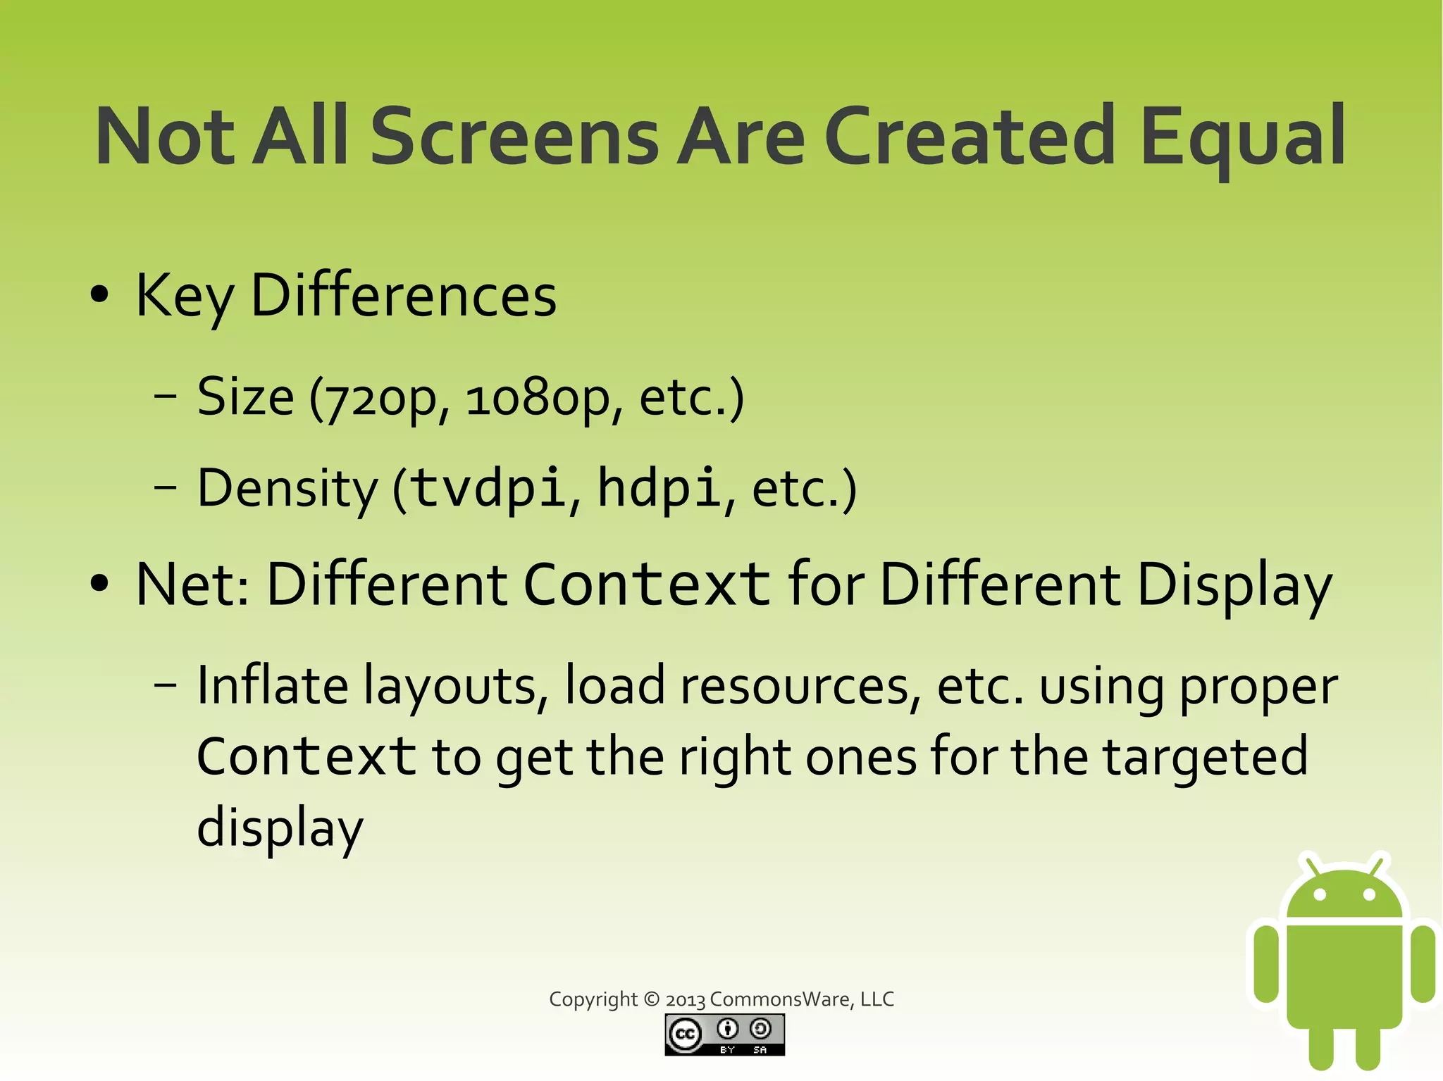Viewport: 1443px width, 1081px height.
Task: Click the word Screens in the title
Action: point(514,136)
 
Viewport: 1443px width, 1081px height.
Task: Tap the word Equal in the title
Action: point(1243,136)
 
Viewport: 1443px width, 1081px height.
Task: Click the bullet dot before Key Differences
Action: point(100,295)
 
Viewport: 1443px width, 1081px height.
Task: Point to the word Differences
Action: point(403,296)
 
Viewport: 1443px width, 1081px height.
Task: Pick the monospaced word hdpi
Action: point(659,488)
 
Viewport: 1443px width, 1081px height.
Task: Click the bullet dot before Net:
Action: point(100,584)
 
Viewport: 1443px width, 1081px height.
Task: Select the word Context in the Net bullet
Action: point(647,584)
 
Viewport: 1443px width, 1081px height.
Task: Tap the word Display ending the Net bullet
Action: point(1234,585)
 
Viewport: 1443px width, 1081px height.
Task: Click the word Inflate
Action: point(272,685)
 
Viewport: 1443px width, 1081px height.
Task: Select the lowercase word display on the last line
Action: point(280,829)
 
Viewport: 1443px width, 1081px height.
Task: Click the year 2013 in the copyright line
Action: point(685,1000)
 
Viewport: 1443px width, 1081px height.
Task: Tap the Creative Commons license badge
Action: point(724,1035)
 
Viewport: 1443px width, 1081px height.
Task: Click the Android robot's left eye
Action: point(1320,894)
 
